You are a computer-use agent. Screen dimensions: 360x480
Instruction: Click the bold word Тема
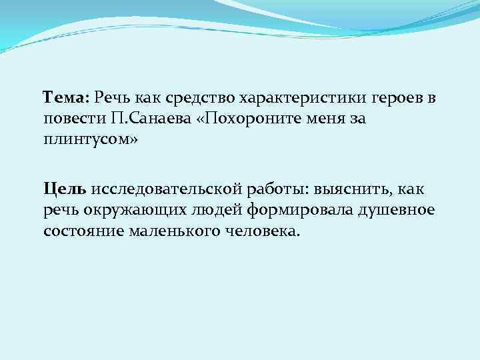click(x=65, y=99)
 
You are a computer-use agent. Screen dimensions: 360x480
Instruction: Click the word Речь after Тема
click(x=113, y=99)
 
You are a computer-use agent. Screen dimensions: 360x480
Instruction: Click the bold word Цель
click(x=65, y=190)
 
